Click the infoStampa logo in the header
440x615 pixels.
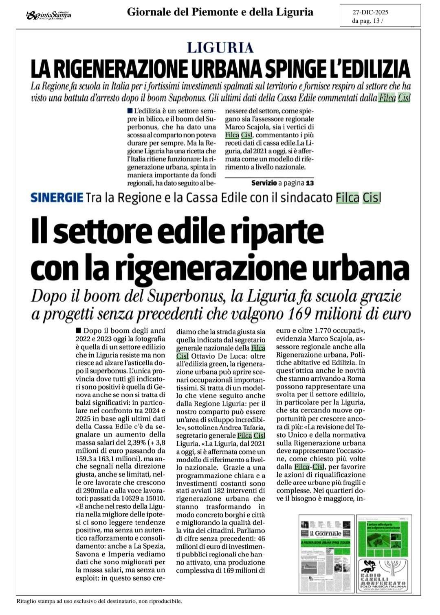[48, 15]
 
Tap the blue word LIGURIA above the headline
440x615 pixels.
[220, 48]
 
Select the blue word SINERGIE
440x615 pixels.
[57, 198]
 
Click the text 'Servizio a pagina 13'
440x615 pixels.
[283, 183]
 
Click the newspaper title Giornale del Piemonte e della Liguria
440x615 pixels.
[220, 12]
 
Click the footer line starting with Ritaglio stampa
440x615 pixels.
[99, 601]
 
